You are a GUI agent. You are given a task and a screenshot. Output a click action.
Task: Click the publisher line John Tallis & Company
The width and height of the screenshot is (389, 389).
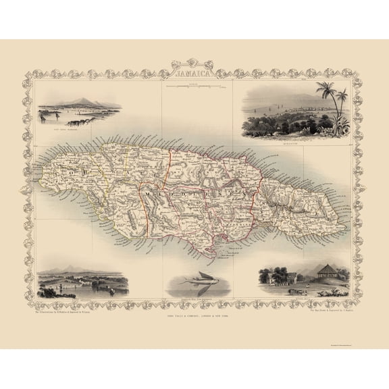point(194,316)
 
